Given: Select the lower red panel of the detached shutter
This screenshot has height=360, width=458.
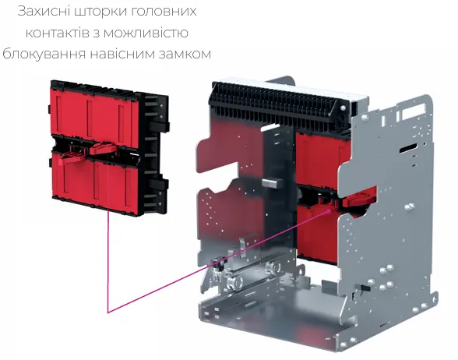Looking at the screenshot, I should point(93,181).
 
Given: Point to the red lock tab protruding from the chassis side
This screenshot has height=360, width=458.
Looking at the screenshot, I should point(358,201).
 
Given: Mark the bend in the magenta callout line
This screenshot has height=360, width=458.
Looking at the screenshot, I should point(108,312).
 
